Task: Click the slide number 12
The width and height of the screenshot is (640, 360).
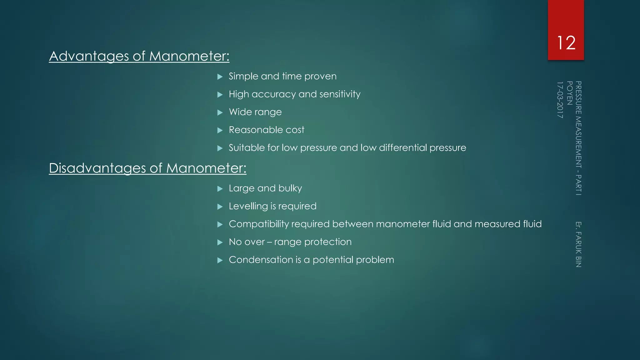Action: pyautogui.click(x=566, y=43)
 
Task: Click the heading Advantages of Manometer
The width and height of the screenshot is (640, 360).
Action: pyautogui.click(x=139, y=56)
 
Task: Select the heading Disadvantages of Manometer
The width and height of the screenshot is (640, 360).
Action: pyautogui.click(x=147, y=168)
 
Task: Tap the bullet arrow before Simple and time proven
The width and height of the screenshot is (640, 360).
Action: pyautogui.click(x=220, y=77)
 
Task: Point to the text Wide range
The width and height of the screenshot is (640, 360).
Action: pyautogui.click(x=255, y=112)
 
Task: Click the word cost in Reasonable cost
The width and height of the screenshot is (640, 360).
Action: pyautogui.click(x=295, y=130)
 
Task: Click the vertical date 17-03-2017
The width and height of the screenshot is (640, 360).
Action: pyautogui.click(x=560, y=100)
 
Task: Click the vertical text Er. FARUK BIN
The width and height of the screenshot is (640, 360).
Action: pyautogui.click(x=578, y=244)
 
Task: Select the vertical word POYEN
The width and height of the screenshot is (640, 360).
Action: pyautogui.click(x=569, y=93)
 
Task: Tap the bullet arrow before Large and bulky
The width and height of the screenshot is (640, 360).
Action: pyautogui.click(x=220, y=189)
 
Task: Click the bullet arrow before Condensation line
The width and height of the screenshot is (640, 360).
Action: pyautogui.click(x=220, y=260)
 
